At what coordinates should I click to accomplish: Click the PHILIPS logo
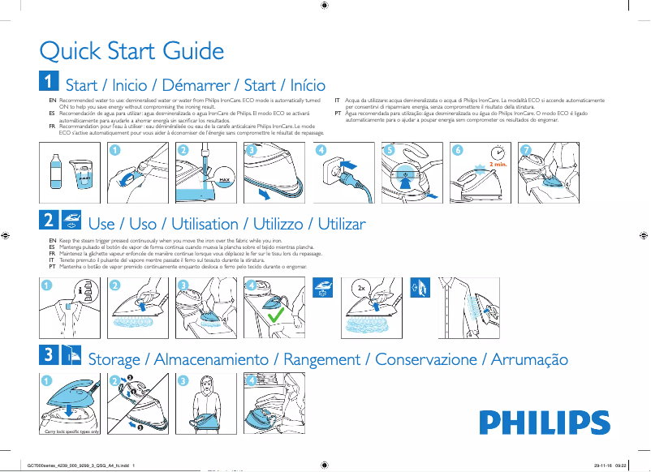point(544,423)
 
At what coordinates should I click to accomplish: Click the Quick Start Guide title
point(131,52)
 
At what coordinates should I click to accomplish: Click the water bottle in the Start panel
point(54,174)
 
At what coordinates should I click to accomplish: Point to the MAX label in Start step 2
point(226,180)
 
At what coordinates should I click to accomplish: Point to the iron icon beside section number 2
point(71,220)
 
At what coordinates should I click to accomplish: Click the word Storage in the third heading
point(114,359)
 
